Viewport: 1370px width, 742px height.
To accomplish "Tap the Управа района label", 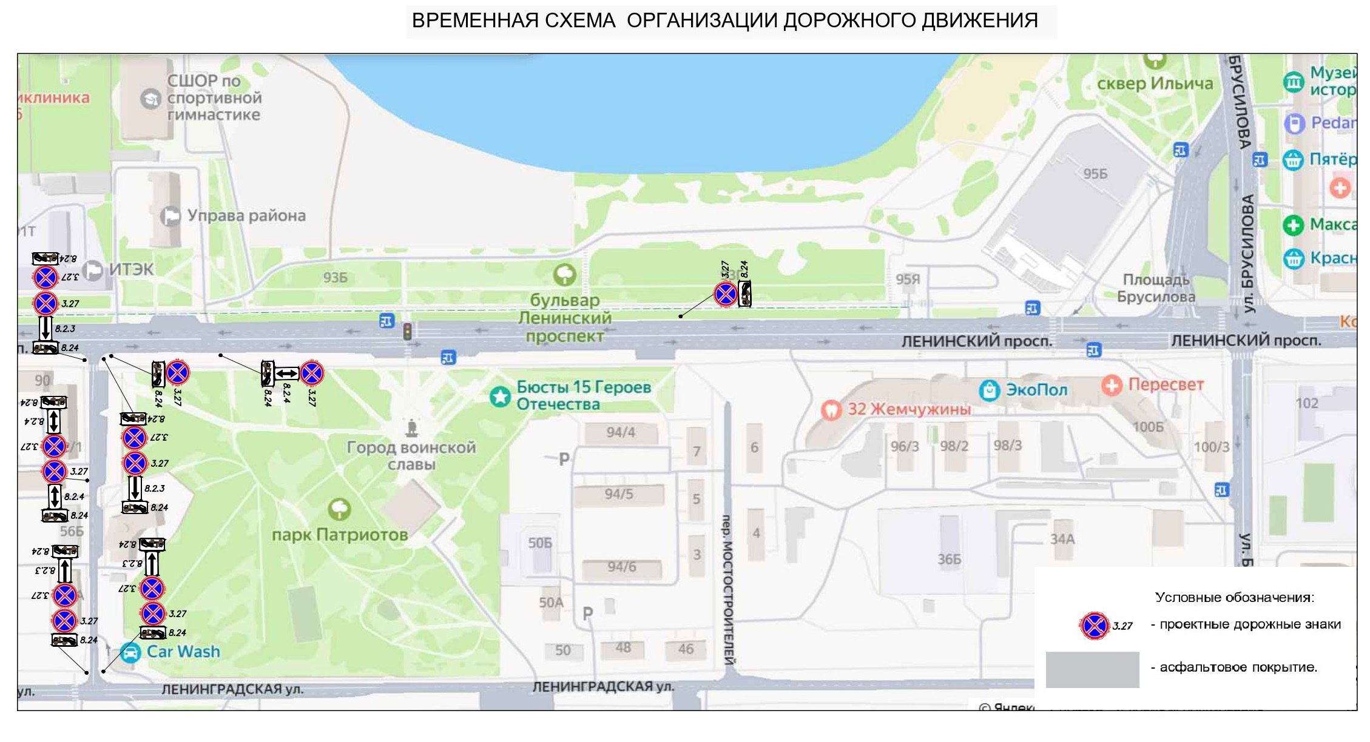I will [x=246, y=216].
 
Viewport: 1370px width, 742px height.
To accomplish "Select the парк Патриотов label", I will [x=340, y=535].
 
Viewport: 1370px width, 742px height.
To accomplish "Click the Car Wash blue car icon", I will [x=130, y=653].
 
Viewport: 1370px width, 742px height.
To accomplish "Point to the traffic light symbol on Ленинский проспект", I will [x=408, y=331].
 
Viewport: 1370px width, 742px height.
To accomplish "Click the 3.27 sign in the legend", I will [x=1095, y=626].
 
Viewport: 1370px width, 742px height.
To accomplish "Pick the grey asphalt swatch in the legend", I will [x=1092, y=669].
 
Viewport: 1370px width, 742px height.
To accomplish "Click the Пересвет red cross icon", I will [x=1112, y=385].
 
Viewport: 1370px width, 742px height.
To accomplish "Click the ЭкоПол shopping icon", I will [x=990, y=390].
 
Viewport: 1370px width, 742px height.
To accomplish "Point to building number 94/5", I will [x=619, y=494].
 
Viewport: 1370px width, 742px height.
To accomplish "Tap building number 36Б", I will [x=949, y=559].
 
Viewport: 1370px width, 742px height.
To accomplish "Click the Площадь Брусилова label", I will [x=1156, y=289].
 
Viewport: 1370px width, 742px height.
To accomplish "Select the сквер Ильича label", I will [x=1155, y=84].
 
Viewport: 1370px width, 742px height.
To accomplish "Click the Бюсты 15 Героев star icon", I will [x=501, y=397].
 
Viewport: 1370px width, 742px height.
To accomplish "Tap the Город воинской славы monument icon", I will [x=412, y=428].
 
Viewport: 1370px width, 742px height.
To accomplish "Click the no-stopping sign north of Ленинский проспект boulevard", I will [x=726, y=295].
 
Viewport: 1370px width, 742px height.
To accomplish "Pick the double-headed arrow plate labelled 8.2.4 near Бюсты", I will [x=287, y=373].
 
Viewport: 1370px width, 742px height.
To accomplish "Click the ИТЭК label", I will [x=131, y=269].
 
